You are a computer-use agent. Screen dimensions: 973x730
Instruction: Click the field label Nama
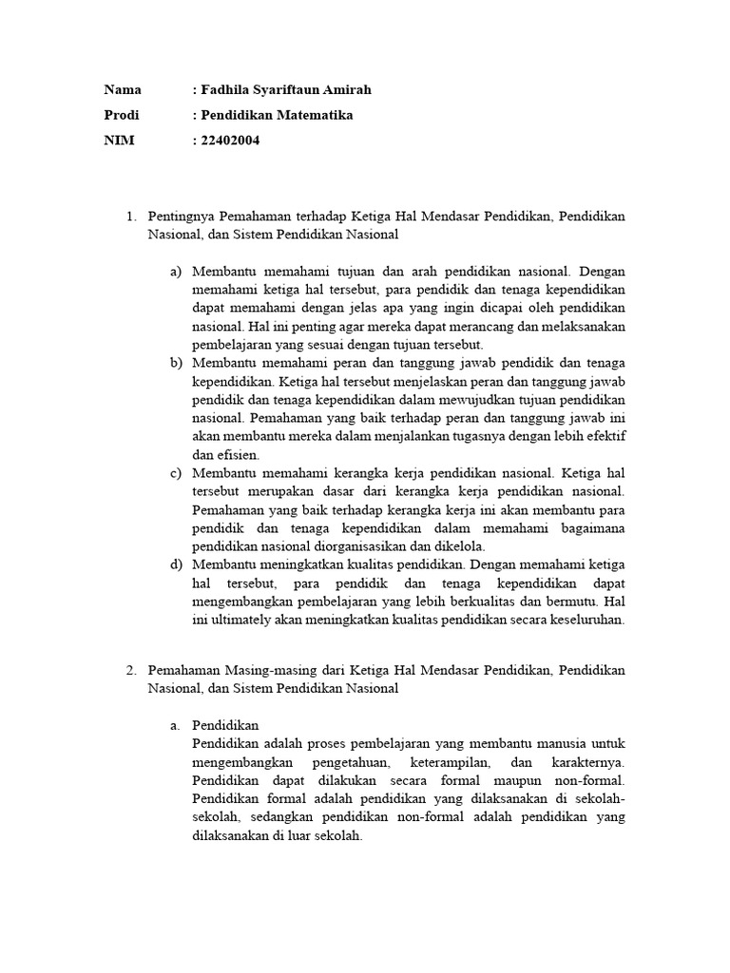[x=122, y=89]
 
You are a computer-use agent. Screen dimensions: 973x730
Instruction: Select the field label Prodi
[x=122, y=115]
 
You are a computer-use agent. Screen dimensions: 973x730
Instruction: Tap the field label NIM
[x=119, y=141]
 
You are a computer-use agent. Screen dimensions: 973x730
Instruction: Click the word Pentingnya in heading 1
[x=181, y=217]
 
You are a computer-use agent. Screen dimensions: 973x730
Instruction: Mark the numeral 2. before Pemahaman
[x=132, y=670]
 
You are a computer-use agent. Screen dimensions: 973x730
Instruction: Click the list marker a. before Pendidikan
[x=175, y=725]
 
